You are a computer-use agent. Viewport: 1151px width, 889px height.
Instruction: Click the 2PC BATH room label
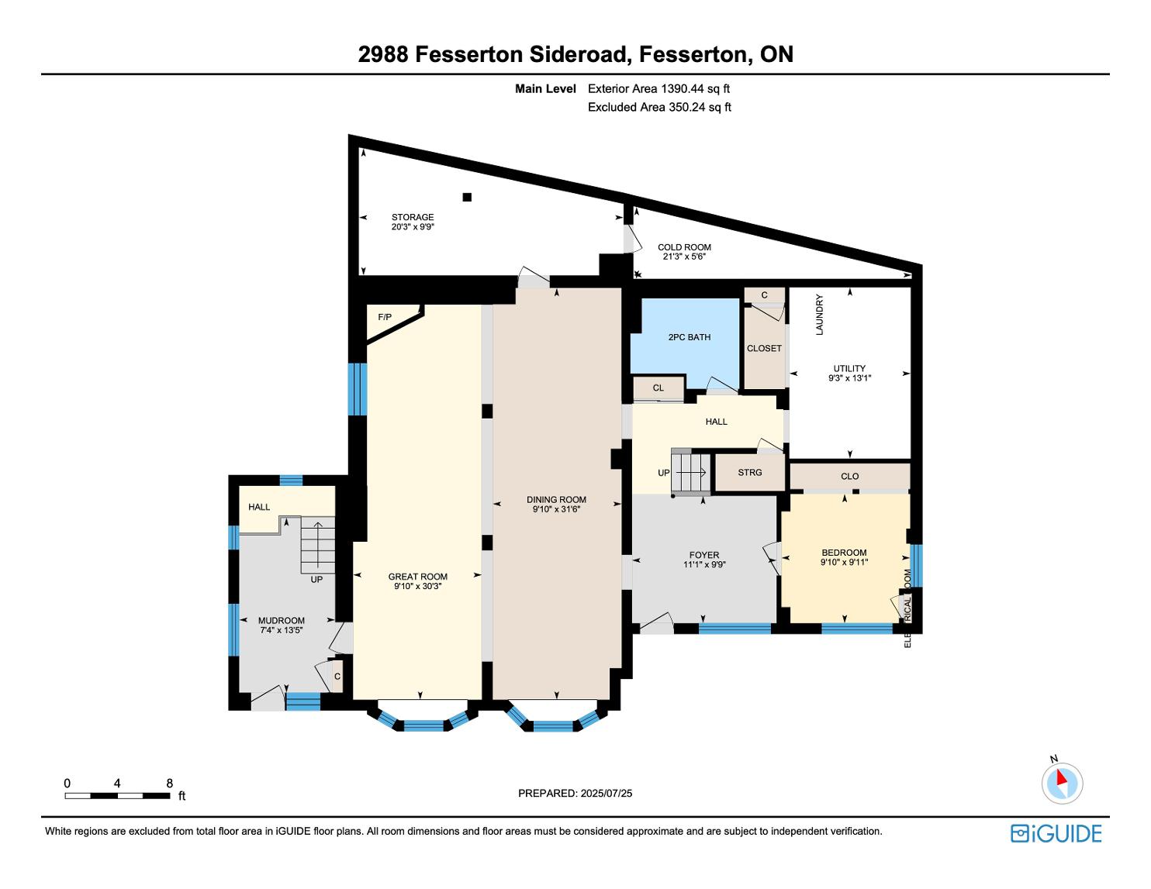[689, 337]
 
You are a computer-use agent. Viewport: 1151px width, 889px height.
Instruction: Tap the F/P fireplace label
[385, 317]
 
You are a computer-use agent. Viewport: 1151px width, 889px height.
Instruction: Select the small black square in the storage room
[467, 197]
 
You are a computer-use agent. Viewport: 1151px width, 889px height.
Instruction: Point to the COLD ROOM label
[684, 247]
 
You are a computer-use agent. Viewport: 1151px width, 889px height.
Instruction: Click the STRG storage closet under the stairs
[749, 473]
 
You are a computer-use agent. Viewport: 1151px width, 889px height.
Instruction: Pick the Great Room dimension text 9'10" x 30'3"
[417, 586]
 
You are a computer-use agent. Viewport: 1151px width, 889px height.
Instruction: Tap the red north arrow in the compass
[1061, 777]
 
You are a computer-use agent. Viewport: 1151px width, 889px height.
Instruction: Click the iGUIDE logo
[1056, 833]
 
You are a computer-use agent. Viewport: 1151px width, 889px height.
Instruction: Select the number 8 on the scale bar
[170, 783]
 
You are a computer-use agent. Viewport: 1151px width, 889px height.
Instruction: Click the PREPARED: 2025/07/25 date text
[575, 793]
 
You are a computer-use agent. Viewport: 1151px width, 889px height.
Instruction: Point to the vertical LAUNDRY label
[819, 315]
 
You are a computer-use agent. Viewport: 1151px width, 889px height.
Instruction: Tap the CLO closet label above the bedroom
[849, 476]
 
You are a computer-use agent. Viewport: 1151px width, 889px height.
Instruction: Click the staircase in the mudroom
[318, 545]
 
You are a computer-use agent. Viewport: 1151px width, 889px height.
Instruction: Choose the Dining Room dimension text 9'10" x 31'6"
[556, 509]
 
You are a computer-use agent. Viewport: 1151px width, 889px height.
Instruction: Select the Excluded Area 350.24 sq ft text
[659, 107]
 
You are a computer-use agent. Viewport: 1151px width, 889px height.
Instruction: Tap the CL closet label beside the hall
[658, 388]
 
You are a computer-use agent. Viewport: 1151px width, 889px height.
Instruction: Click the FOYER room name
[704, 555]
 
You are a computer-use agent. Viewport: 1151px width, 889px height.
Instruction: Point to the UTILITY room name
[849, 368]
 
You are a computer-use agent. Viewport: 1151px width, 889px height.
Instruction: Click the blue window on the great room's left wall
[358, 389]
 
